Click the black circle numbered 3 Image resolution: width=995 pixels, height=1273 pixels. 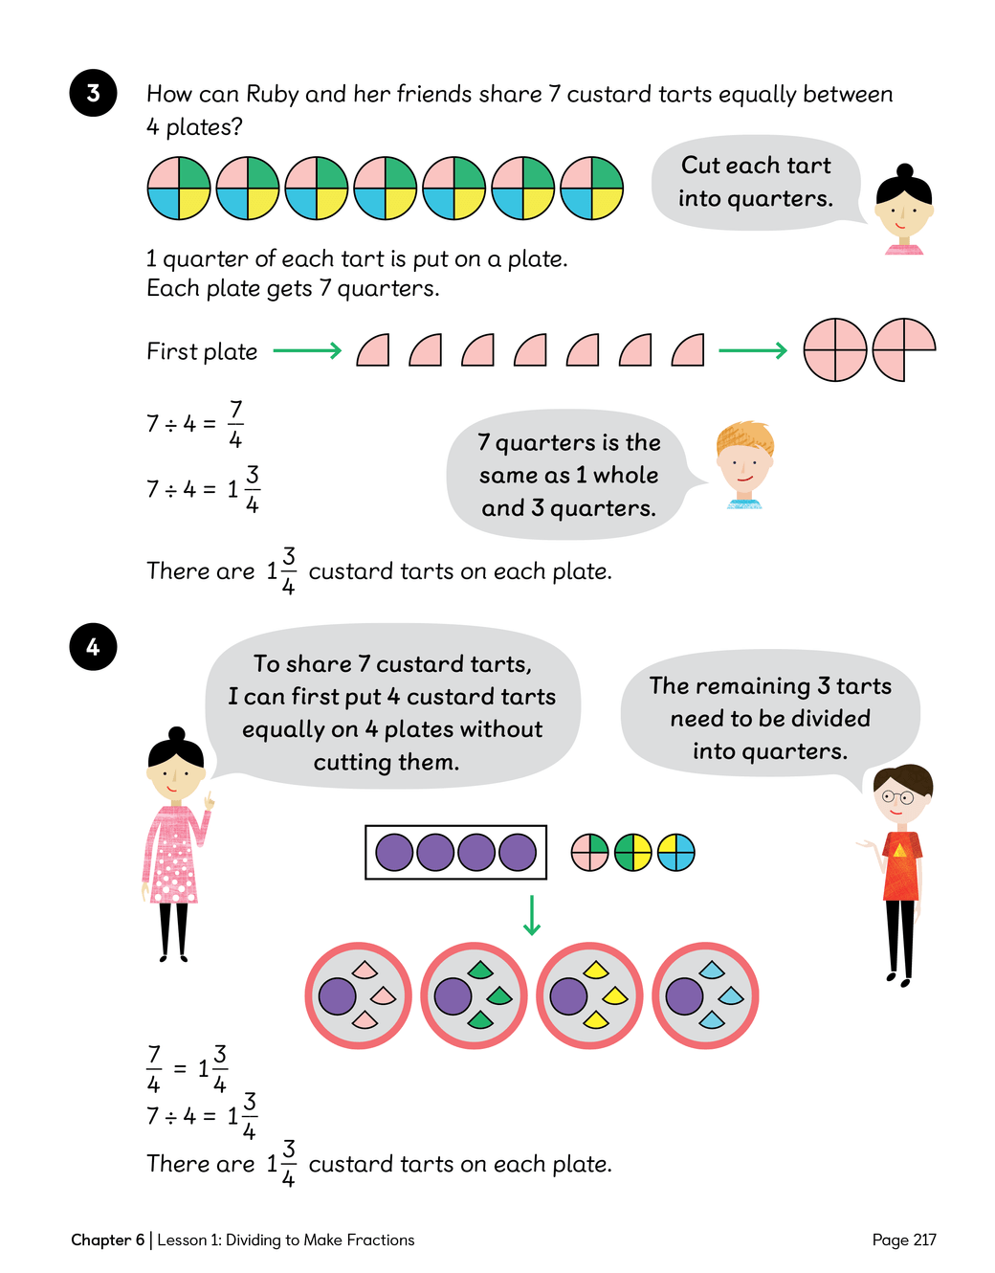coord(93,93)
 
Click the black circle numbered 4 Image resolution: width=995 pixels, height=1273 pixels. coord(93,647)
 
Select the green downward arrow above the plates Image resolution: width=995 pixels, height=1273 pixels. coord(531,914)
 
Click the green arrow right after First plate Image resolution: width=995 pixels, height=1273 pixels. coord(307,351)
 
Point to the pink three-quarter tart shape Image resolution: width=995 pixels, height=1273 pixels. coord(904,349)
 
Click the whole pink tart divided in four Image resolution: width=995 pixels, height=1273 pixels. coord(834,349)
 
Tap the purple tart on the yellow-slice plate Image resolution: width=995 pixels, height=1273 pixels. coord(568,995)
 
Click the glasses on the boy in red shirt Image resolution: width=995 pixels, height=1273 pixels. coord(897,797)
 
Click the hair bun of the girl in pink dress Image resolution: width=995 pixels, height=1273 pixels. coord(176,734)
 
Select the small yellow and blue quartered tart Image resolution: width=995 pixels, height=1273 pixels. coord(676,853)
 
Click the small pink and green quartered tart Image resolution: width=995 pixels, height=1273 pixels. coord(589,853)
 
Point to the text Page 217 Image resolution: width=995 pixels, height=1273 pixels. coord(904,1239)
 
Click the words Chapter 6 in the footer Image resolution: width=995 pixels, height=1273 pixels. coord(108,1239)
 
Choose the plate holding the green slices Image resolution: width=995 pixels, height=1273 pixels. coord(474,995)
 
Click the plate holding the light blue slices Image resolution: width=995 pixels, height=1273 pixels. coord(705,995)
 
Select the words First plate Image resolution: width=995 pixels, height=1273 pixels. coord(202,352)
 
